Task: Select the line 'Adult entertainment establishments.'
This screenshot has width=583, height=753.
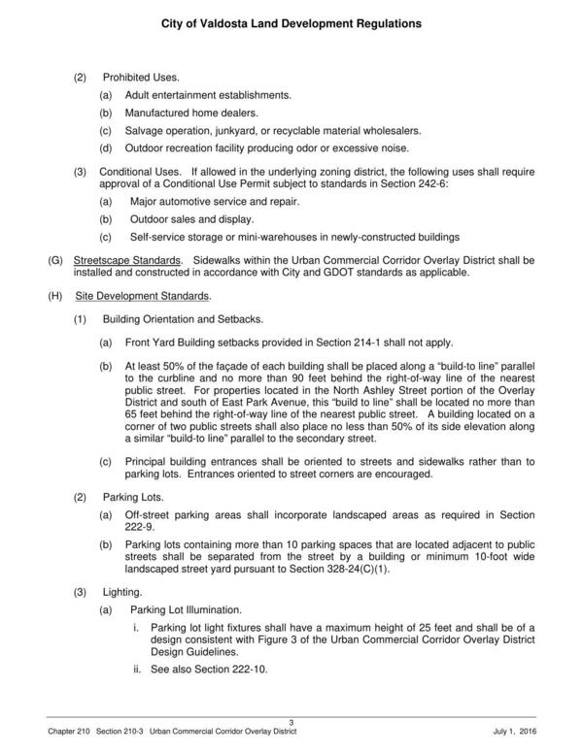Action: (x=208, y=95)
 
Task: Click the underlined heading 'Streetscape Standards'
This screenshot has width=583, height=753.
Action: (x=127, y=261)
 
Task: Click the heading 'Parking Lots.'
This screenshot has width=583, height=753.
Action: (x=132, y=496)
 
